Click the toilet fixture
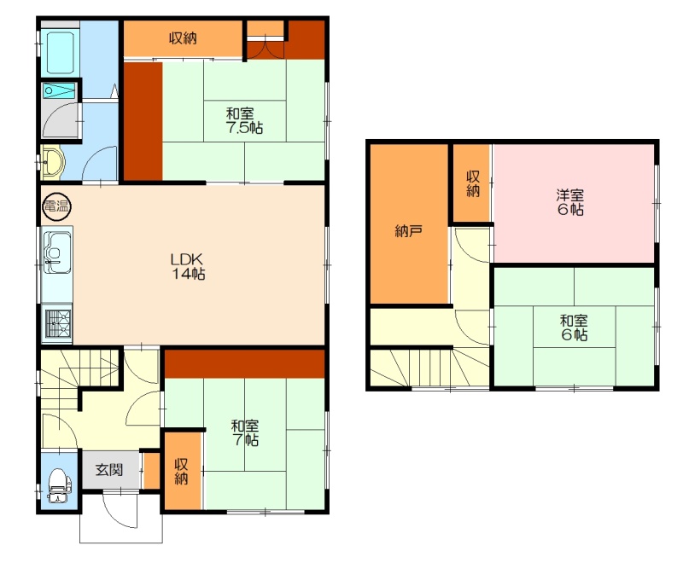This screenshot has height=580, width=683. coord(59,485)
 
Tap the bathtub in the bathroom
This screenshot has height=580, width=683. coord(60,52)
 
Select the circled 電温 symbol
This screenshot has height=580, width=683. coord(57,206)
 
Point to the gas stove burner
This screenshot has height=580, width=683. coord(57,323)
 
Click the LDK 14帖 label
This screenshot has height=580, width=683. coord(187,266)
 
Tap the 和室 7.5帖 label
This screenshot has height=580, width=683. coord(244,121)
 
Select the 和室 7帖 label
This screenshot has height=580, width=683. coord(245,432)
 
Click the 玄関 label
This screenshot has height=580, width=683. coord(109,470)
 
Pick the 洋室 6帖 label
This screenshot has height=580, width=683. coord(570,202)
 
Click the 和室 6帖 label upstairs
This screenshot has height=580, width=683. coord(574,328)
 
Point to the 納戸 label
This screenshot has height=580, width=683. coord(408,230)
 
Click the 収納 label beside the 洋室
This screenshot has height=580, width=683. coord(473,183)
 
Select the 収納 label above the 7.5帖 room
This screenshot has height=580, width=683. coord(183,38)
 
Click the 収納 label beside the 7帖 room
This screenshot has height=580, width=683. coord(181,471)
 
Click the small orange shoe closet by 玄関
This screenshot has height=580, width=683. coord(152,471)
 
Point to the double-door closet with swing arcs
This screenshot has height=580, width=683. coord(266,39)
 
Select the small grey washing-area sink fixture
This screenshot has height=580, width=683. coord(59,91)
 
